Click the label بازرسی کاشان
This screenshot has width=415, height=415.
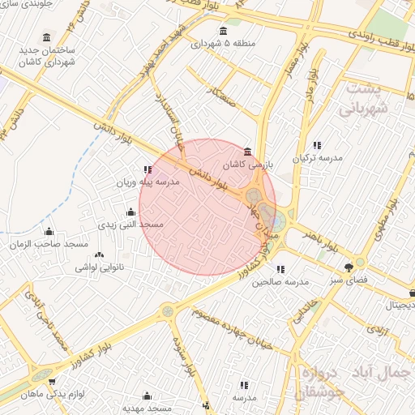pos(246,164)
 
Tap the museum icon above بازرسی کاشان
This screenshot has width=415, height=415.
pos(247,152)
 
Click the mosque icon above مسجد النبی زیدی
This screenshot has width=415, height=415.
pos(130,212)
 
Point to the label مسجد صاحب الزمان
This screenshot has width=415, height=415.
pos(49,244)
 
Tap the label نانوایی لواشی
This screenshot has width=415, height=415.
pos(98,266)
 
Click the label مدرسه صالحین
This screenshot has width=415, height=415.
pos(280,281)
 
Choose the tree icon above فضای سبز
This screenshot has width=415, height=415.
pos(349,265)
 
